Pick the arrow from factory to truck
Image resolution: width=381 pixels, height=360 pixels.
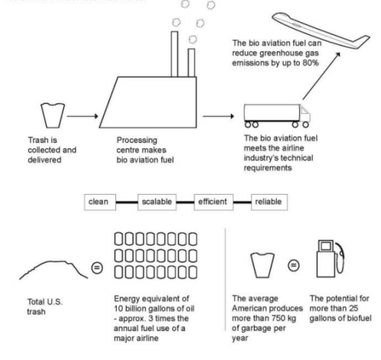click(217, 116)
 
